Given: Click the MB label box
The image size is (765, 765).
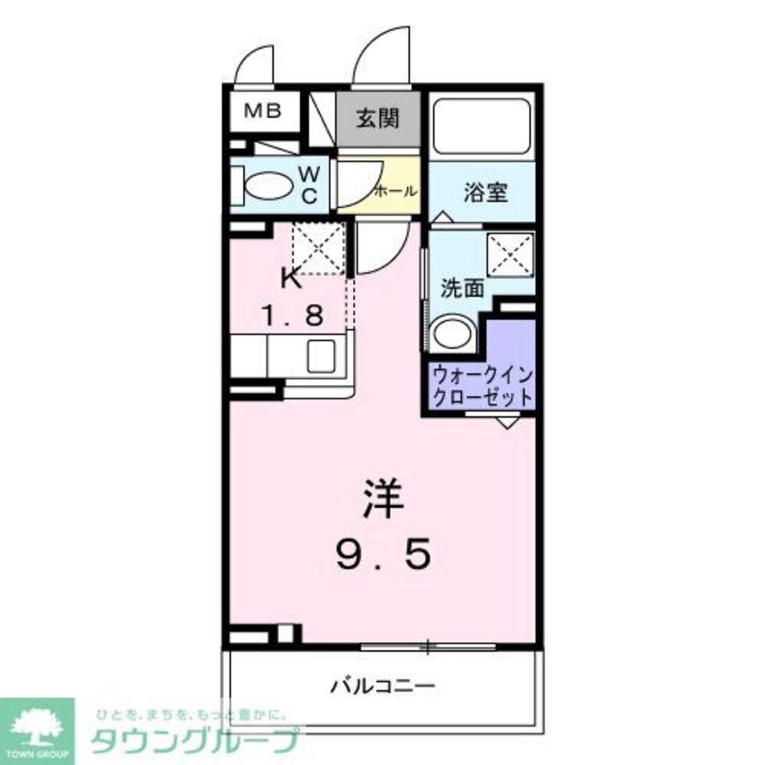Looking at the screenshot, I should [262, 112].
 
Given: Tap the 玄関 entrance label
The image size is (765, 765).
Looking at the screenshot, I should [378, 118].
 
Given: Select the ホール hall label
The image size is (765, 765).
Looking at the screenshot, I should [395, 190].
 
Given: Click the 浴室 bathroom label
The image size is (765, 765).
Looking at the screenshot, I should [485, 192].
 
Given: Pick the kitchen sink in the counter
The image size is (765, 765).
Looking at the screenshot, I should [322, 356].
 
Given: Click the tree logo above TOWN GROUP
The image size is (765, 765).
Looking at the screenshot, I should [36, 723].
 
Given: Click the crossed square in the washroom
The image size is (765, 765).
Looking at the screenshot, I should [510, 250].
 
